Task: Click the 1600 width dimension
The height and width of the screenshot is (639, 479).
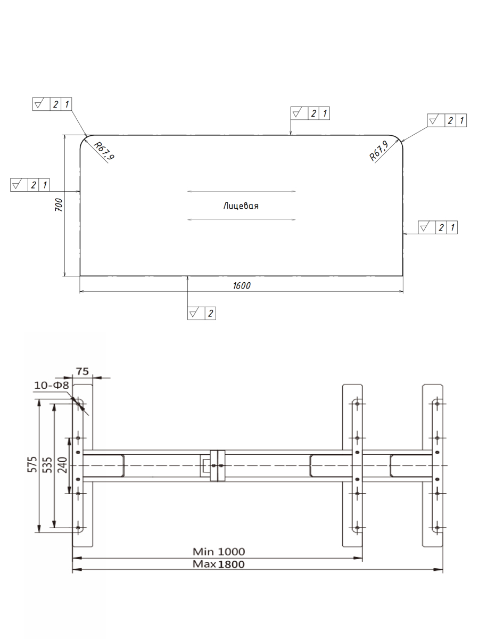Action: pos(242,285)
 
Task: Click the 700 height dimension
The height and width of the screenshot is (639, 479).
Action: pos(59,204)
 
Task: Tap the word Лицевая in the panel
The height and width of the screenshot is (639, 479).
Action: pos(241,206)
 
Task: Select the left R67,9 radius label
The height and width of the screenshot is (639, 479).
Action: pos(104,151)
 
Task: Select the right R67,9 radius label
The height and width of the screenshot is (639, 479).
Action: pos(378,151)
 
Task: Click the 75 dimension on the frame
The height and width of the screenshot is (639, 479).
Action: pos(82,371)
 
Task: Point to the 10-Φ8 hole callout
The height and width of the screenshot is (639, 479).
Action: pos(52,385)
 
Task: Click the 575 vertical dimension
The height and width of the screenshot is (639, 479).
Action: pos(32,464)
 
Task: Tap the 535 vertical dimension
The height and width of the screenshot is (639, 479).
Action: pos(47,465)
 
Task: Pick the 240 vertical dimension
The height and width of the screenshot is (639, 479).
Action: pos(62,465)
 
